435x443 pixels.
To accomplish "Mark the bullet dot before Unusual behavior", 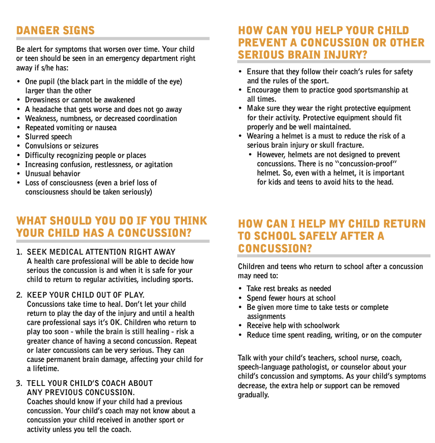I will pyautogui.click(x=19, y=174).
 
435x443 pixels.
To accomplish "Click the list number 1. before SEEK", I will pyautogui.click(x=19, y=252).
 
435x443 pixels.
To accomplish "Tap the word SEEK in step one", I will pyautogui.click(x=37, y=252).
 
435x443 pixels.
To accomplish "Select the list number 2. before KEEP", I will pyautogui.click(x=19, y=295).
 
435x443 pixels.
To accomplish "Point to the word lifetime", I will pyautogui.click(x=44, y=369).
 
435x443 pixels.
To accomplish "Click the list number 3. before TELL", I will pyautogui.click(x=19, y=383).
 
